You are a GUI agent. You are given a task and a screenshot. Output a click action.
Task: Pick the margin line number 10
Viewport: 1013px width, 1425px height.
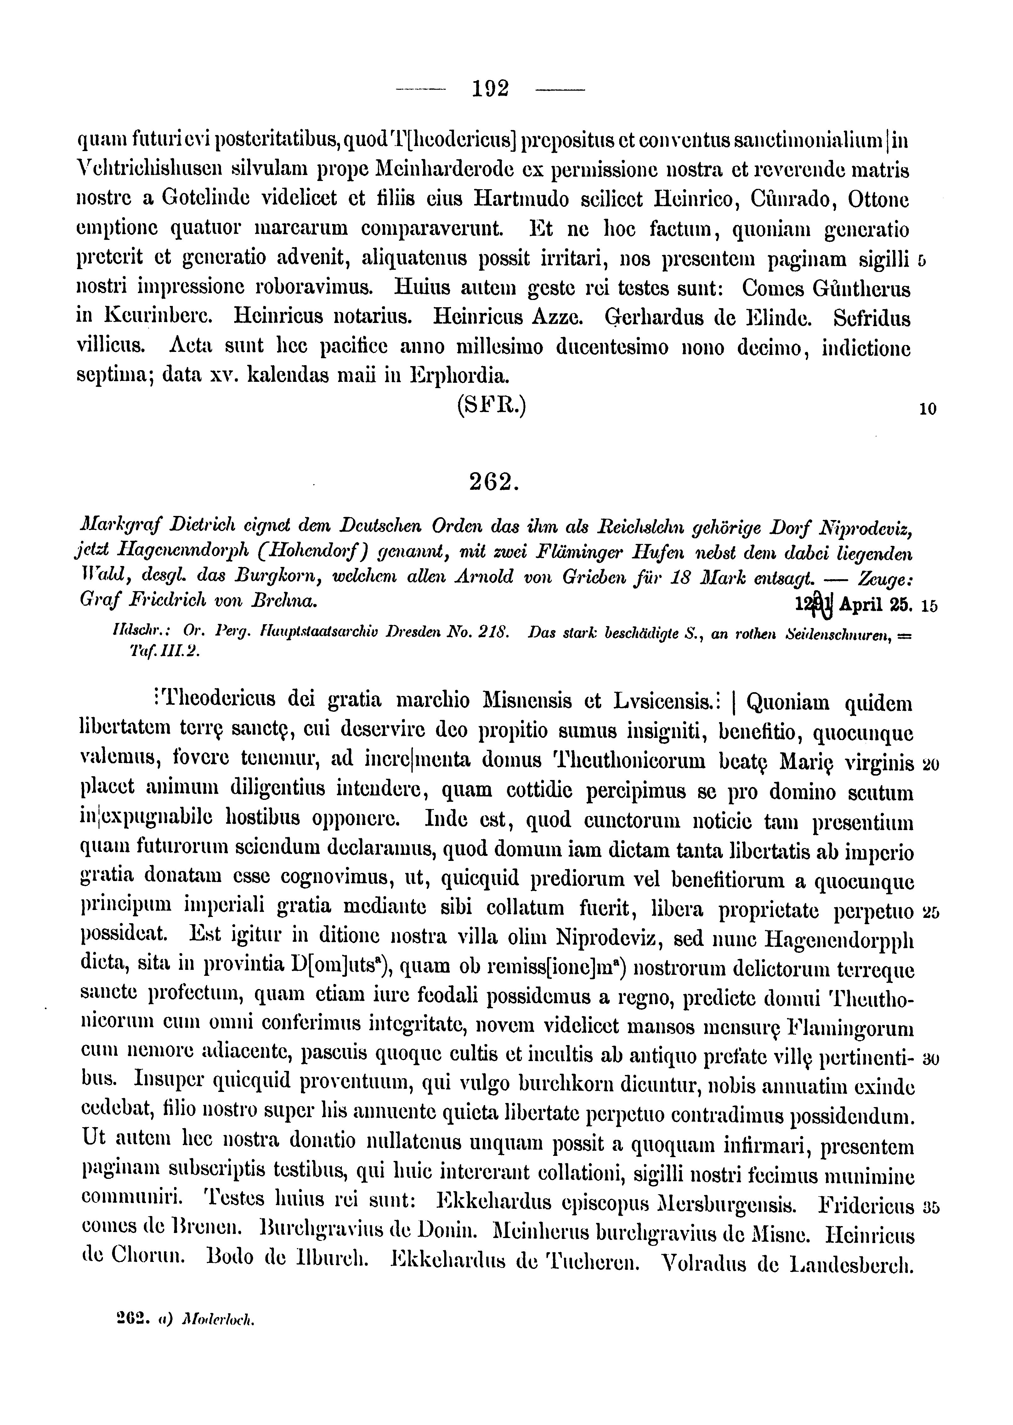coord(928,409)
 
